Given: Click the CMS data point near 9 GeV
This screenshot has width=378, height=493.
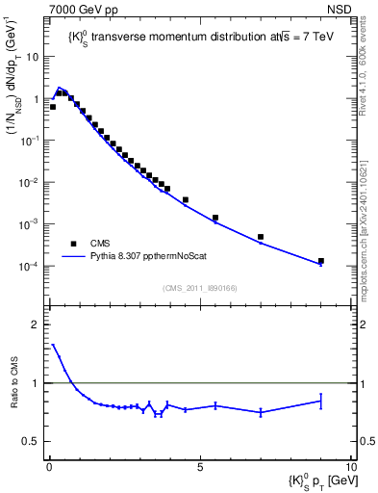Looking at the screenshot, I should tap(321, 261).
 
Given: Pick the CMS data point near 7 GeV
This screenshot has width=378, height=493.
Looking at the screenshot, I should tap(261, 237).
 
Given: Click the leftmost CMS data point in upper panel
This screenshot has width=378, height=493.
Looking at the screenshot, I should tap(53, 107).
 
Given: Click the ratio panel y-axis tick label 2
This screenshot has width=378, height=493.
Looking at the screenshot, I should tap(35, 324).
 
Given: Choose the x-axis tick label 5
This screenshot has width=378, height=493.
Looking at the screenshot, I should tap(199, 468).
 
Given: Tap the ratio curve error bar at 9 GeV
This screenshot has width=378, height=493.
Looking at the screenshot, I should tap(321, 401).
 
